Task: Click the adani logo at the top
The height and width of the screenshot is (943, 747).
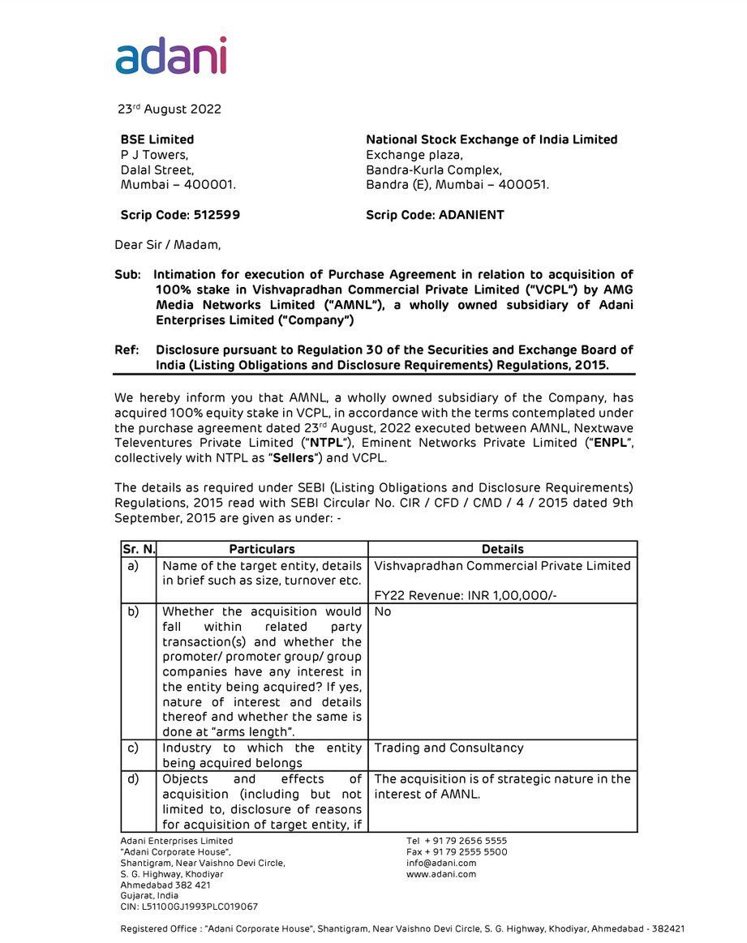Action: coord(171,56)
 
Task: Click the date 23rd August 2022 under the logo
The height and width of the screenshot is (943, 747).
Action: coord(170,109)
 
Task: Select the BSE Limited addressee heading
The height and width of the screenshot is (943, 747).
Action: coord(157,139)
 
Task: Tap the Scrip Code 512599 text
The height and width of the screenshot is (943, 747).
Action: coord(180,215)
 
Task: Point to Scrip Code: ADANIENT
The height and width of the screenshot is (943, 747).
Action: coord(435,215)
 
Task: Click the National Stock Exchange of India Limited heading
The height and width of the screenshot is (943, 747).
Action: coord(492,139)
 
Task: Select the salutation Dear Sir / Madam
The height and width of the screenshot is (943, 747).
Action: coord(167,244)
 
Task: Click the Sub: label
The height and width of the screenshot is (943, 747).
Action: coord(128,275)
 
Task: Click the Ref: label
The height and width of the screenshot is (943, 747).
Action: coord(127,350)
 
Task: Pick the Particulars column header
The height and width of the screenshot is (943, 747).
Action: coord(262,549)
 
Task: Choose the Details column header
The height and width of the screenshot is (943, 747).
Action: coord(502,549)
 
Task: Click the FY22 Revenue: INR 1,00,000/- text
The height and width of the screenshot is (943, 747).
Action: coord(466,596)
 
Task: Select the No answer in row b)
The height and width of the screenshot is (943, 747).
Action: coord(383,611)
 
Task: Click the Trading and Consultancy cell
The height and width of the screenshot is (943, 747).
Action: coord(449,748)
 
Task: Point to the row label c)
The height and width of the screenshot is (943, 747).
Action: coord(133,748)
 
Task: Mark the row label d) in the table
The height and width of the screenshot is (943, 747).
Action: coord(133,778)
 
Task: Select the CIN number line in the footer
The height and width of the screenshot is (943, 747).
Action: coord(189,907)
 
